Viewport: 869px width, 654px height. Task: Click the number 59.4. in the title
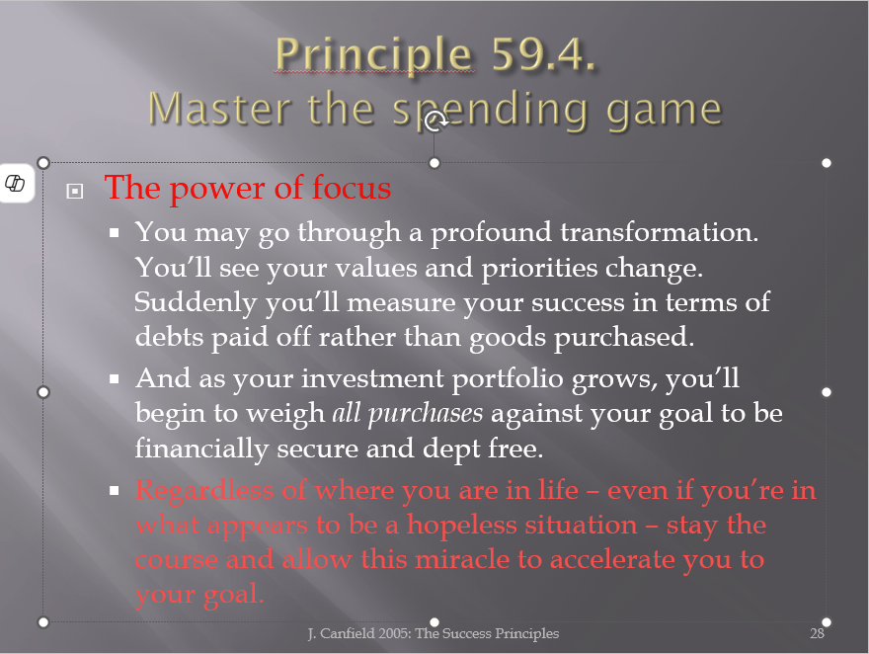pyautogui.click(x=543, y=54)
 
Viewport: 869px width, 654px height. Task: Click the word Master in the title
pyautogui.click(x=219, y=109)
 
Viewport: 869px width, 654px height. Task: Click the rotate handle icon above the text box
pyautogui.click(x=435, y=121)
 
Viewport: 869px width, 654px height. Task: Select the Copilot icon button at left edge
pyautogui.click(x=15, y=183)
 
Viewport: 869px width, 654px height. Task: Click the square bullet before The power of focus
pyautogui.click(x=75, y=192)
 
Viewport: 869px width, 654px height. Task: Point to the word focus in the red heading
pyautogui.click(x=352, y=188)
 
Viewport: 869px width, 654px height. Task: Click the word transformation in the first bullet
pyautogui.click(x=659, y=232)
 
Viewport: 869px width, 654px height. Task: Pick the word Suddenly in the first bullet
pyautogui.click(x=196, y=303)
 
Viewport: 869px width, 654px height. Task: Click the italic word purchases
pyautogui.click(x=425, y=414)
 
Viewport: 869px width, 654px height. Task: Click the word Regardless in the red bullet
pyautogui.click(x=204, y=491)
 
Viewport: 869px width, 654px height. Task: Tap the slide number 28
pyautogui.click(x=817, y=633)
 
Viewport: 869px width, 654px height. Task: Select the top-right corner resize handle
pyautogui.click(x=827, y=163)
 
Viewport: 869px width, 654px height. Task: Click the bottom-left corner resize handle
pyautogui.click(x=43, y=622)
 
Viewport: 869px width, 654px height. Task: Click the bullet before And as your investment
pyautogui.click(x=115, y=379)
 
